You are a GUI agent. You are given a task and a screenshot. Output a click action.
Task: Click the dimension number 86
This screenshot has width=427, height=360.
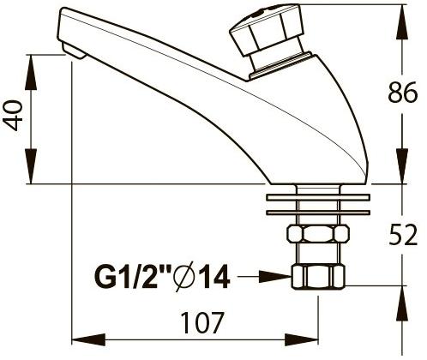[403, 92]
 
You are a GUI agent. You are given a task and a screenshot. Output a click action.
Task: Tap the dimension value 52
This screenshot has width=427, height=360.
[403, 235]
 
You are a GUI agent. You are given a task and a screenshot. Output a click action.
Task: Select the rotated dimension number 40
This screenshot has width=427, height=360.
[13, 115]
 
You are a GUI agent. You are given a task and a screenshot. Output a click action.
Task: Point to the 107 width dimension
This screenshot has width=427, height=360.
[202, 322]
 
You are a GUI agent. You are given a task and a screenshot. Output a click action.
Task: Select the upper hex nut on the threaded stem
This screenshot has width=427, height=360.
[318, 233]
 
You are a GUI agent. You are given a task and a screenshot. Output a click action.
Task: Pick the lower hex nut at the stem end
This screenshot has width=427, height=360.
[318, 277]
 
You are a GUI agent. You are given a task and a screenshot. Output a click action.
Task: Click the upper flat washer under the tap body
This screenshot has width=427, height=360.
[318, 197]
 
